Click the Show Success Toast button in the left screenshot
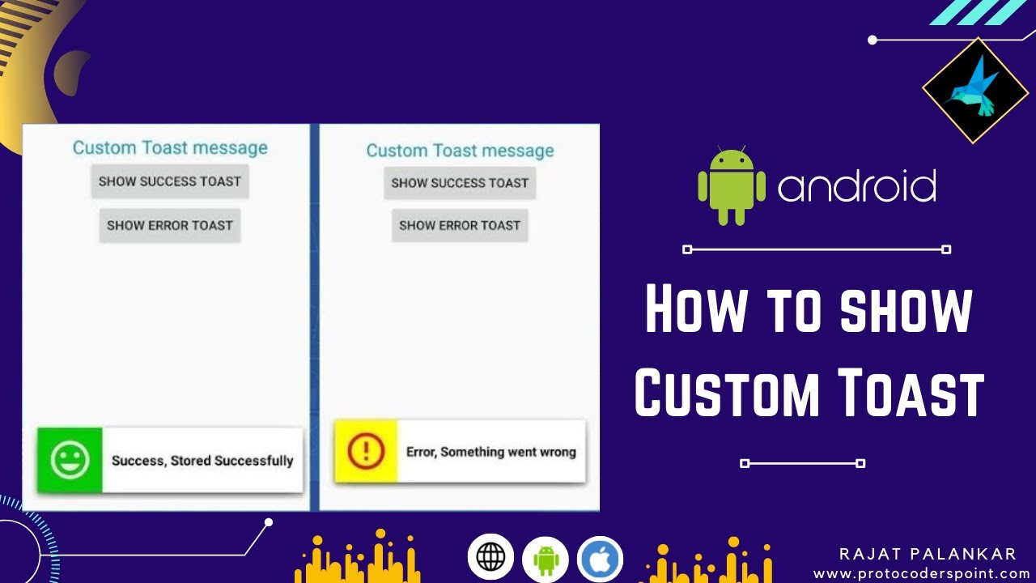pyautogui.click(x=170, y=181)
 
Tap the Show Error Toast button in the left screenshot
pyautogui.click(x=170, y=225)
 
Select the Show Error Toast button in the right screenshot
pyautogui.click(x=460, y=225)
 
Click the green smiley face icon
pyautogui.click(x=70, y=460)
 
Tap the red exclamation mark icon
pyautogui.click(x=366, y=451)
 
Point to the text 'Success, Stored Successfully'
pyautogui.click(x=202, y=461)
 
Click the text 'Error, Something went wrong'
pyautogui.click(x=491, y=452)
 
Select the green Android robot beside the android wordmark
pyautogui.click(x=731, y=185)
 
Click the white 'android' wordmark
pyautogui.click(x=857, y=186)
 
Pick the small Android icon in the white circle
pyautogui.click(x=546, y=560)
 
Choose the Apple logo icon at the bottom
pyautogui.click(x=600, y=560)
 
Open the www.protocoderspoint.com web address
pyautogui.click(x=924, y=574)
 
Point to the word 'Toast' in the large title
pyautogui.click(x=911, y=392)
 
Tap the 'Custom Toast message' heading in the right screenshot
pyautogui.click(x=461, y=151)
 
